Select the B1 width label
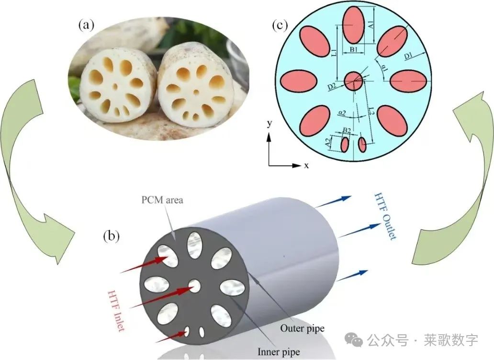tap(353, 49)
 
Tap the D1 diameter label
tap(408, 56)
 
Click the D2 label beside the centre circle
tap(331, 87)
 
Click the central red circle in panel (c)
tap(354, 80)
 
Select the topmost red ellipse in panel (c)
tap(353, 25)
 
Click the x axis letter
tap(306, 166)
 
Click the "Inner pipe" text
tap(279, 352)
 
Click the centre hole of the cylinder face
tap(194, 286)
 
